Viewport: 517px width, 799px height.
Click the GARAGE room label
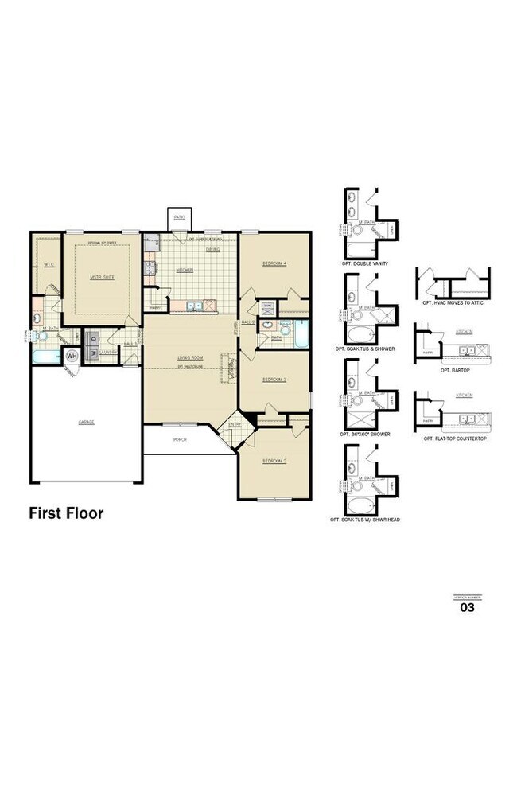click(86, 422)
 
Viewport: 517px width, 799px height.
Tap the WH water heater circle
click(72, 356)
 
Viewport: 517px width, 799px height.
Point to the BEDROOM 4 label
click(274, 263)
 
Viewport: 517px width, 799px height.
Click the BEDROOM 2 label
click(274, 461)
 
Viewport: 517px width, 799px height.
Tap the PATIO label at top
click(181, 216)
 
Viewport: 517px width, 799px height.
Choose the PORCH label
click(180, 439)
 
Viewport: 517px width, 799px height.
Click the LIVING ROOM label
click(191, 358)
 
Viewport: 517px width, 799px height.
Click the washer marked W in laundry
click(92, 351)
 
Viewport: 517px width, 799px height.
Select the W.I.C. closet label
click(48, 265)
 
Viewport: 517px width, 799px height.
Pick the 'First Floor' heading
click(66, 513)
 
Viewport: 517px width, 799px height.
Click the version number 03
click(468, 608)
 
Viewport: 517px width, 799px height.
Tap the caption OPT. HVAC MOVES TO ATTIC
click(453, 303)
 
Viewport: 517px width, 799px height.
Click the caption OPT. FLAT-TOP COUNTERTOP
click(453, 438)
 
